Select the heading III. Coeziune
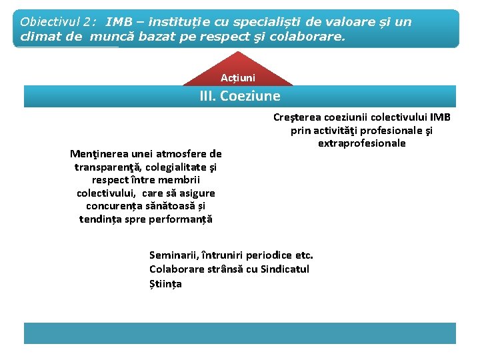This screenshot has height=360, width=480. (240, 96)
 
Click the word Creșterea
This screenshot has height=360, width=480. (297, 117)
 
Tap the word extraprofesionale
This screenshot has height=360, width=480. (362, 143)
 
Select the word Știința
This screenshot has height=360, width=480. (165, 283)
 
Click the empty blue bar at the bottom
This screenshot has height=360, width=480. (240, 333)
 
